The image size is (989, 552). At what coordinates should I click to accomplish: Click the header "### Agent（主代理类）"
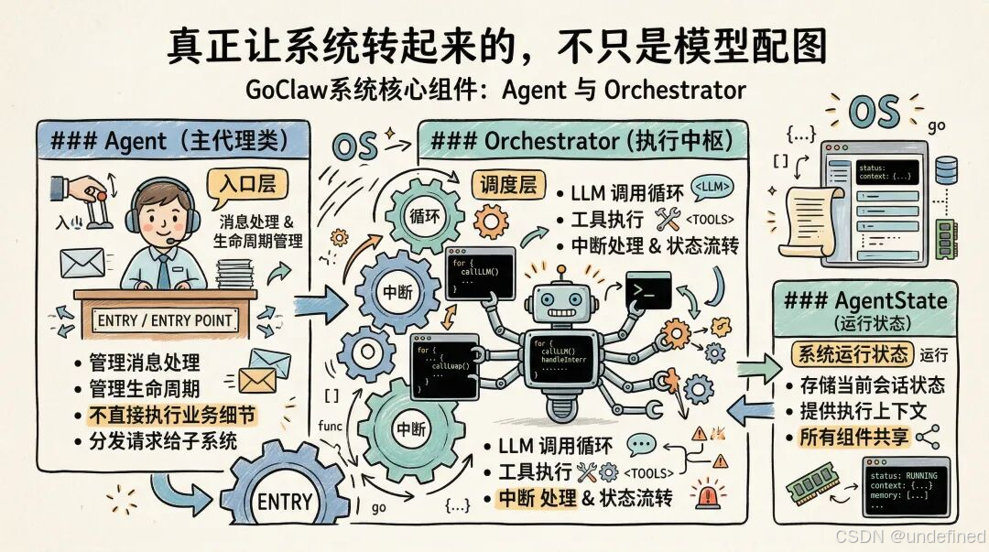click(169, 141)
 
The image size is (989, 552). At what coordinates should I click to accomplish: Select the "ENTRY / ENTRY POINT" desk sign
click(166, 320)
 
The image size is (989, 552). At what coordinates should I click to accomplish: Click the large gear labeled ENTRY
click(285, 499)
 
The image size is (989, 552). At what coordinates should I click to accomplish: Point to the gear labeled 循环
click(424, 218)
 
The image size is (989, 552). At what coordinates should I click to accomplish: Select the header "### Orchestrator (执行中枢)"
click(581, 142)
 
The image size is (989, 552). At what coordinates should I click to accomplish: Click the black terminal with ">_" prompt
click(648, 290)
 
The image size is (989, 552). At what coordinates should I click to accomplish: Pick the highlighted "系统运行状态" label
click(853, 353)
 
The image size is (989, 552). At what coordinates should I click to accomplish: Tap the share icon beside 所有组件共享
click(928, 437)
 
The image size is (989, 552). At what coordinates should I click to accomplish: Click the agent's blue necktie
click(163, 271)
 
